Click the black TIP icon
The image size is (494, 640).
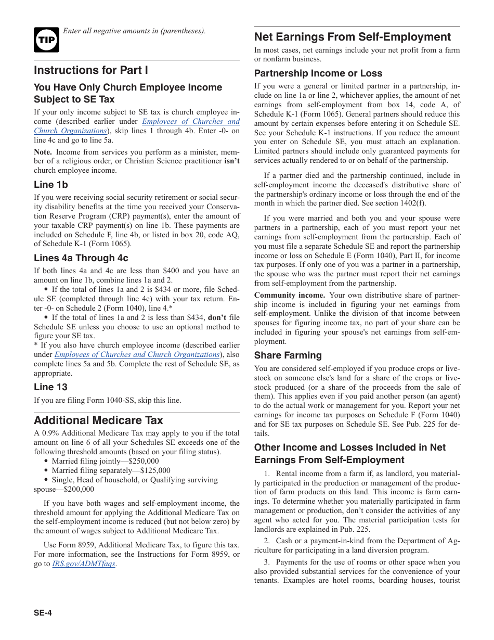(x=46, y=40)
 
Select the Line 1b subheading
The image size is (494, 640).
(x=51, y=185)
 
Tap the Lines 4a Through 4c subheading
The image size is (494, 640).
(x=81, y=258)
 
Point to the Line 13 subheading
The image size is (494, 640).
(x=51, y=387)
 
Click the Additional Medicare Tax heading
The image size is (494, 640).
(x=98, y=420)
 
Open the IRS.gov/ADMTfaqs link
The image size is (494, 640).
(x=84, y=564)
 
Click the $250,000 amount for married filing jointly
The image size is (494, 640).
(x=144, y=461)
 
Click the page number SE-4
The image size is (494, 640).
(x=43, y=613)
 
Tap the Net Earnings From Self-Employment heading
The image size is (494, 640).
(x=353, y=37)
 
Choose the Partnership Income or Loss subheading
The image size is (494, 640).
(x=318, y=73)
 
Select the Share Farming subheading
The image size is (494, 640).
(x=288, y=355)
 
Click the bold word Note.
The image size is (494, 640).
(x=43, y=152)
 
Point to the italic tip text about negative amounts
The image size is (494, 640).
(x=134, y=31)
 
